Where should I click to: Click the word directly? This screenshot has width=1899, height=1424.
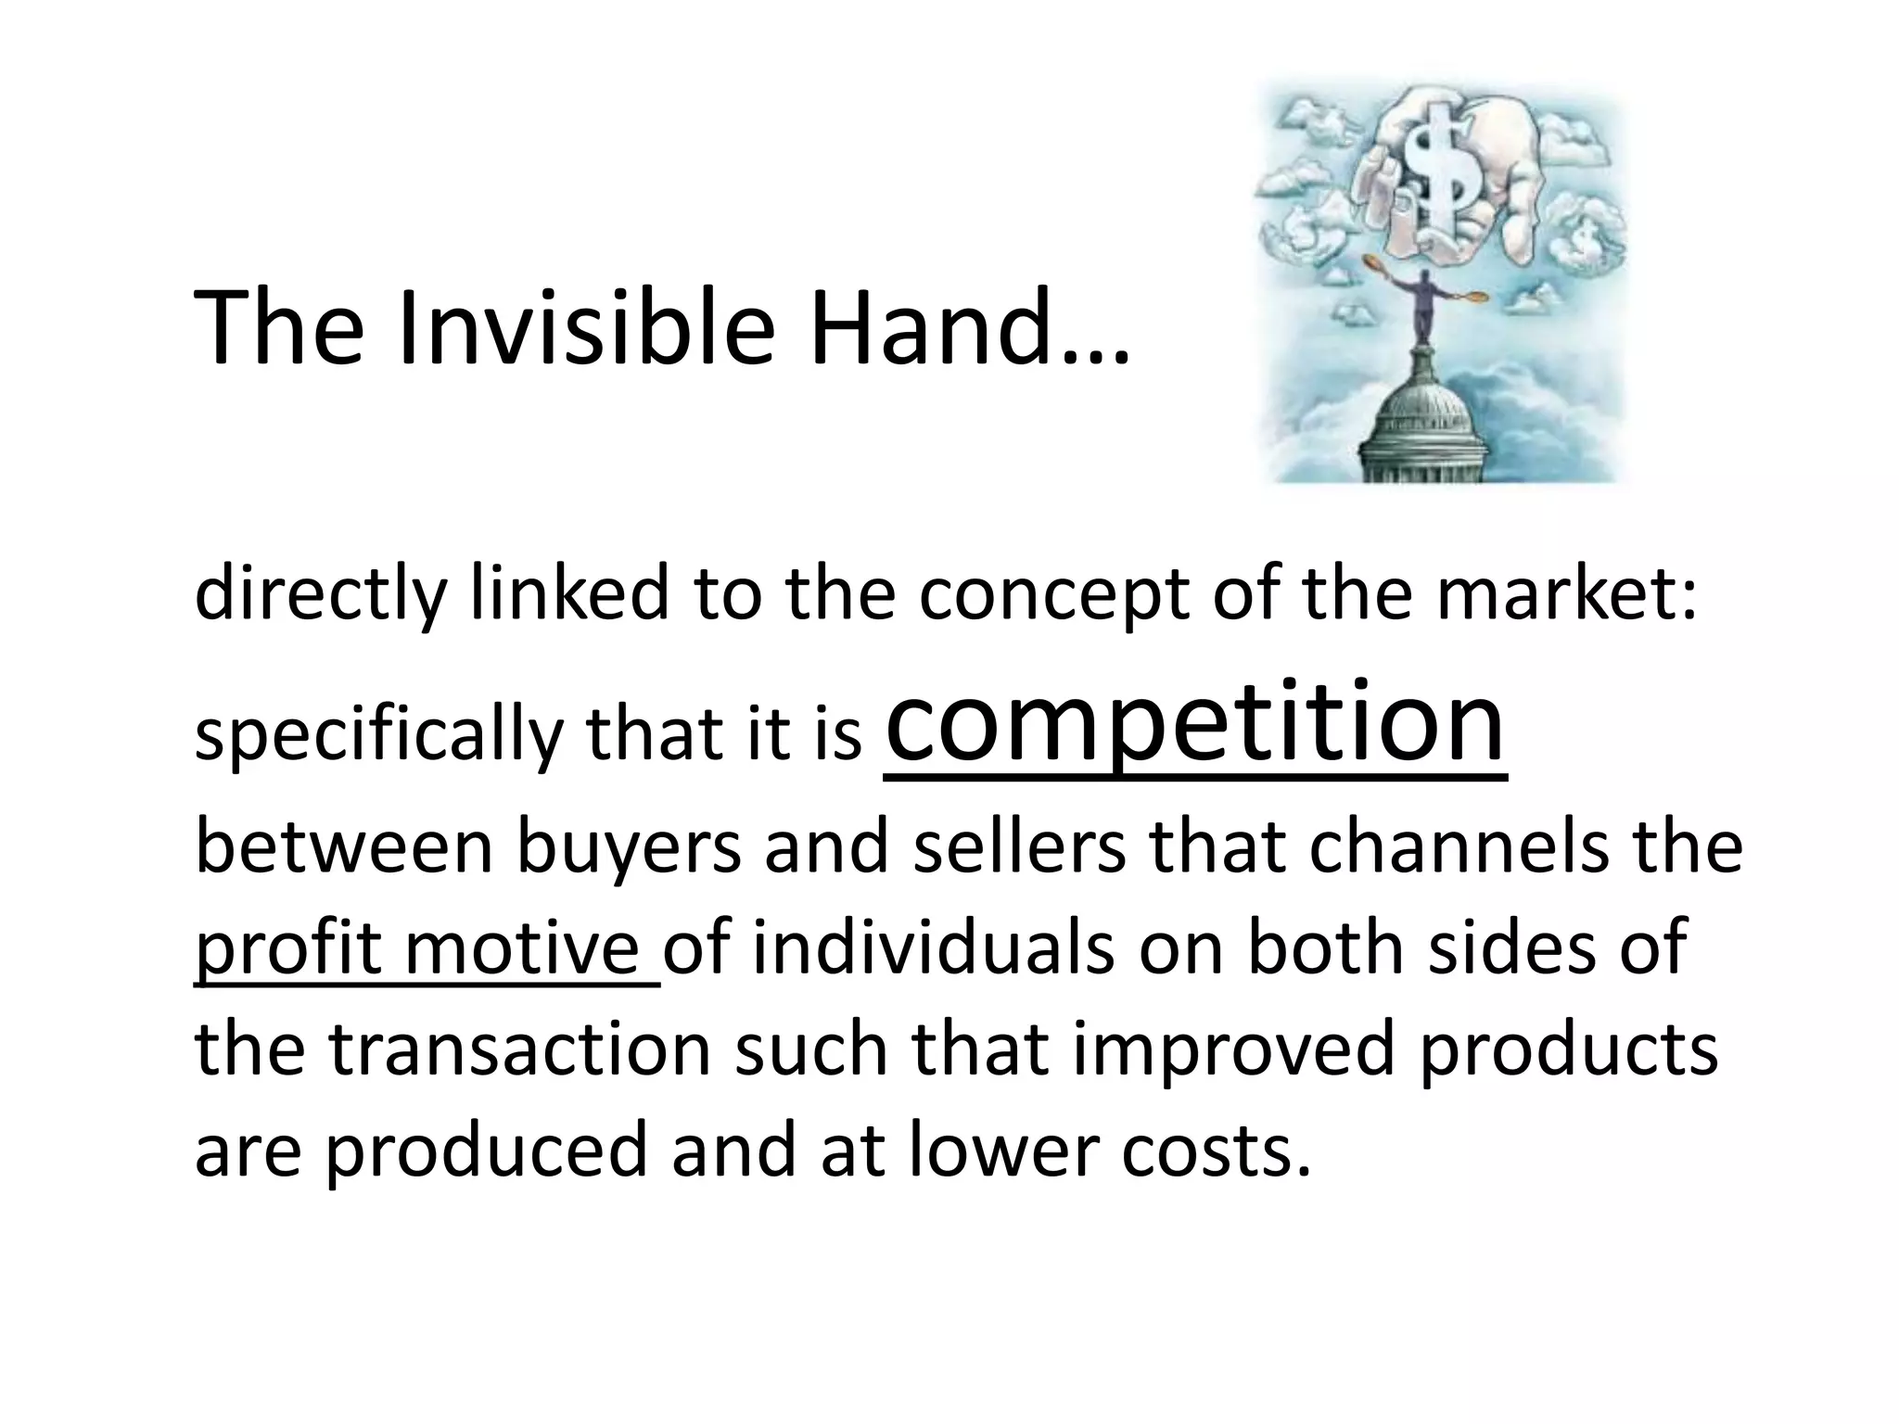[x=320, y=594]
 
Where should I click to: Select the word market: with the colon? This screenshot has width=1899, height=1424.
[x=1567, y=594]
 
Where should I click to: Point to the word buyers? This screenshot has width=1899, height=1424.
[x=629, y=848]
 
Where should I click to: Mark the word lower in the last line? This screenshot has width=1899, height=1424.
[x=1001, y=1151]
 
